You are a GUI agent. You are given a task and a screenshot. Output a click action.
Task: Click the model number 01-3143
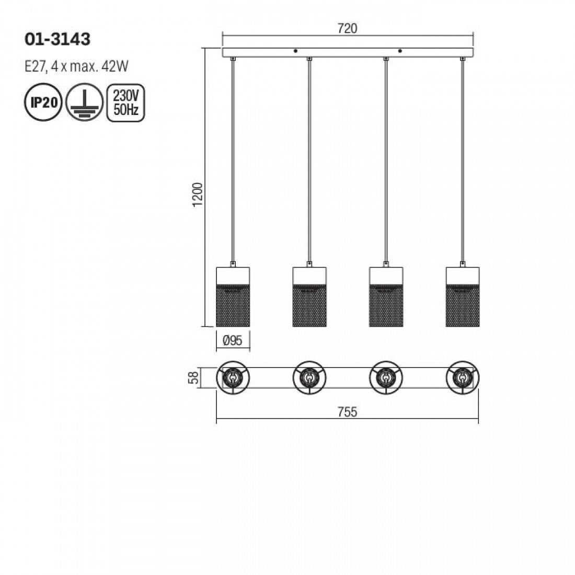[57, 39]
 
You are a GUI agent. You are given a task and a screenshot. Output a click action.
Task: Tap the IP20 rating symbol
[43, 102]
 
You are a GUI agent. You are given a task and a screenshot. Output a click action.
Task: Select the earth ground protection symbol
[84, 102]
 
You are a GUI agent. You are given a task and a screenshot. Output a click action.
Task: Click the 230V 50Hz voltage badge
[125, 102]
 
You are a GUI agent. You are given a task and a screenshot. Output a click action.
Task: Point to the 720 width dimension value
[347, 29]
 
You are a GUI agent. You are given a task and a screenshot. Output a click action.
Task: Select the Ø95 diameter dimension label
[233, 341]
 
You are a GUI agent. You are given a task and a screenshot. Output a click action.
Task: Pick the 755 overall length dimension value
[347, 412]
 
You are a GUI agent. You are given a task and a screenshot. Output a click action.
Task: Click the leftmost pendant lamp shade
[233, 297]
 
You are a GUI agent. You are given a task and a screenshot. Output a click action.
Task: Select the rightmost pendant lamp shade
[463, 297]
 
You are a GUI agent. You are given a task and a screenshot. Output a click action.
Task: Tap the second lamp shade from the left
[309, 297]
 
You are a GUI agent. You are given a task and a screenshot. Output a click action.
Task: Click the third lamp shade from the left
[386, 297]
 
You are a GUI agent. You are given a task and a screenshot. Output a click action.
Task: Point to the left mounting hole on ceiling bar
[295, 51]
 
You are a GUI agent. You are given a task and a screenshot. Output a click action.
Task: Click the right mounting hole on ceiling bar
[400, 51]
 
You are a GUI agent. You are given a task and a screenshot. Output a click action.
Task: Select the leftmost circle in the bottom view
[233, 376]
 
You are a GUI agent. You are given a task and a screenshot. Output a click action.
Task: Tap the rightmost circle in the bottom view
[463, 376]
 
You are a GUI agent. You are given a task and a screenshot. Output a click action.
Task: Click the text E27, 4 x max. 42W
[76, 66]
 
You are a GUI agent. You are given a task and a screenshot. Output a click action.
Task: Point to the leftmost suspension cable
[233, 157]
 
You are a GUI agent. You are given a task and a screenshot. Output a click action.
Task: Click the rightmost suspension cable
[463, 157]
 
